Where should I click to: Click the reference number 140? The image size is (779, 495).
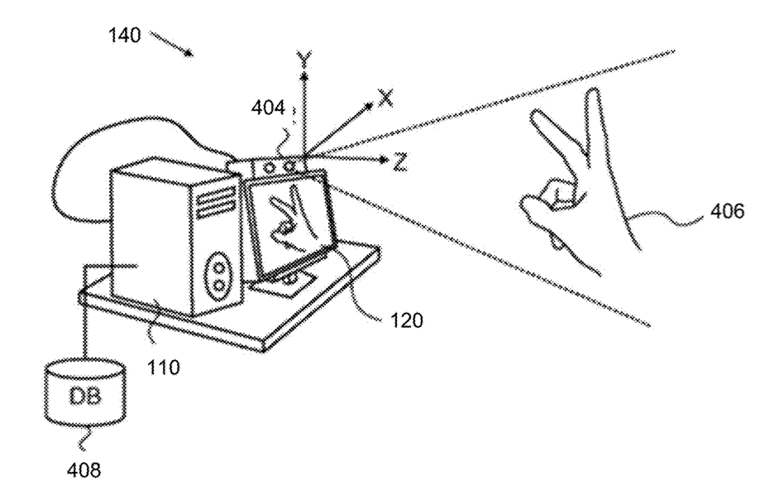tap(125, 35)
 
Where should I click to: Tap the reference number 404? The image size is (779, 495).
tap(268, 108)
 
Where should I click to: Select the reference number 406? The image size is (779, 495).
tap(727, 211)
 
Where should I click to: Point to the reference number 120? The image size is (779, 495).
tap(406, 320)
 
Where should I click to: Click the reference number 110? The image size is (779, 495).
tap(163, 368)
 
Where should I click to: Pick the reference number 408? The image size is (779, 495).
tap(84, 469)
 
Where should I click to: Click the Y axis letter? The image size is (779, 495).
tap(303, 60)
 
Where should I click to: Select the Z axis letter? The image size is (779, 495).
tap(400, 162)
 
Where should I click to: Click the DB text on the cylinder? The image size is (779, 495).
tap(85, 396)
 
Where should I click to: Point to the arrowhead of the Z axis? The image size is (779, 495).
tap(383, 161)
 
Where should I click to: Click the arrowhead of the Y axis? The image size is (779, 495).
tap(303, 77)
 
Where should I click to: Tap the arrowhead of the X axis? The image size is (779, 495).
tap(368, 105)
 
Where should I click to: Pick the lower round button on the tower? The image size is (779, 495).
tap(217, 286)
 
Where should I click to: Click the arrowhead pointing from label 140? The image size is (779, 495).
tap(189, 52)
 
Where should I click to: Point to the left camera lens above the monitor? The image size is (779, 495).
tap(269, 168)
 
